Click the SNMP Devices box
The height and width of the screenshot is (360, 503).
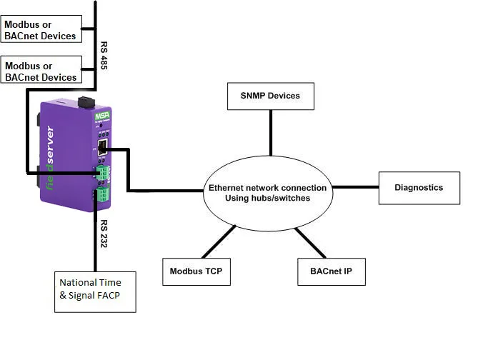coord(271,96)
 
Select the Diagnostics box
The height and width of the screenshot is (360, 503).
coord(419,188)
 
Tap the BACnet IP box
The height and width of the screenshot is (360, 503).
coord(331,271)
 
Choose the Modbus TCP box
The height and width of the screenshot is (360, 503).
coord(196,271)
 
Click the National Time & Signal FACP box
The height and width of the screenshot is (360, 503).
coord(95,291)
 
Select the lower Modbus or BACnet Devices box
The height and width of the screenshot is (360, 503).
coord(41,71)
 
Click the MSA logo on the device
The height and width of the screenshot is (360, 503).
coord(101,116)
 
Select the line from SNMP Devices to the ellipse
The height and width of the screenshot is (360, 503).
coord(271,134)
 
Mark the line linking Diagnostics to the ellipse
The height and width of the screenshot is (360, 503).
coord(355,188)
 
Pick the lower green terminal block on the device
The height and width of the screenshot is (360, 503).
coord(104,196)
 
